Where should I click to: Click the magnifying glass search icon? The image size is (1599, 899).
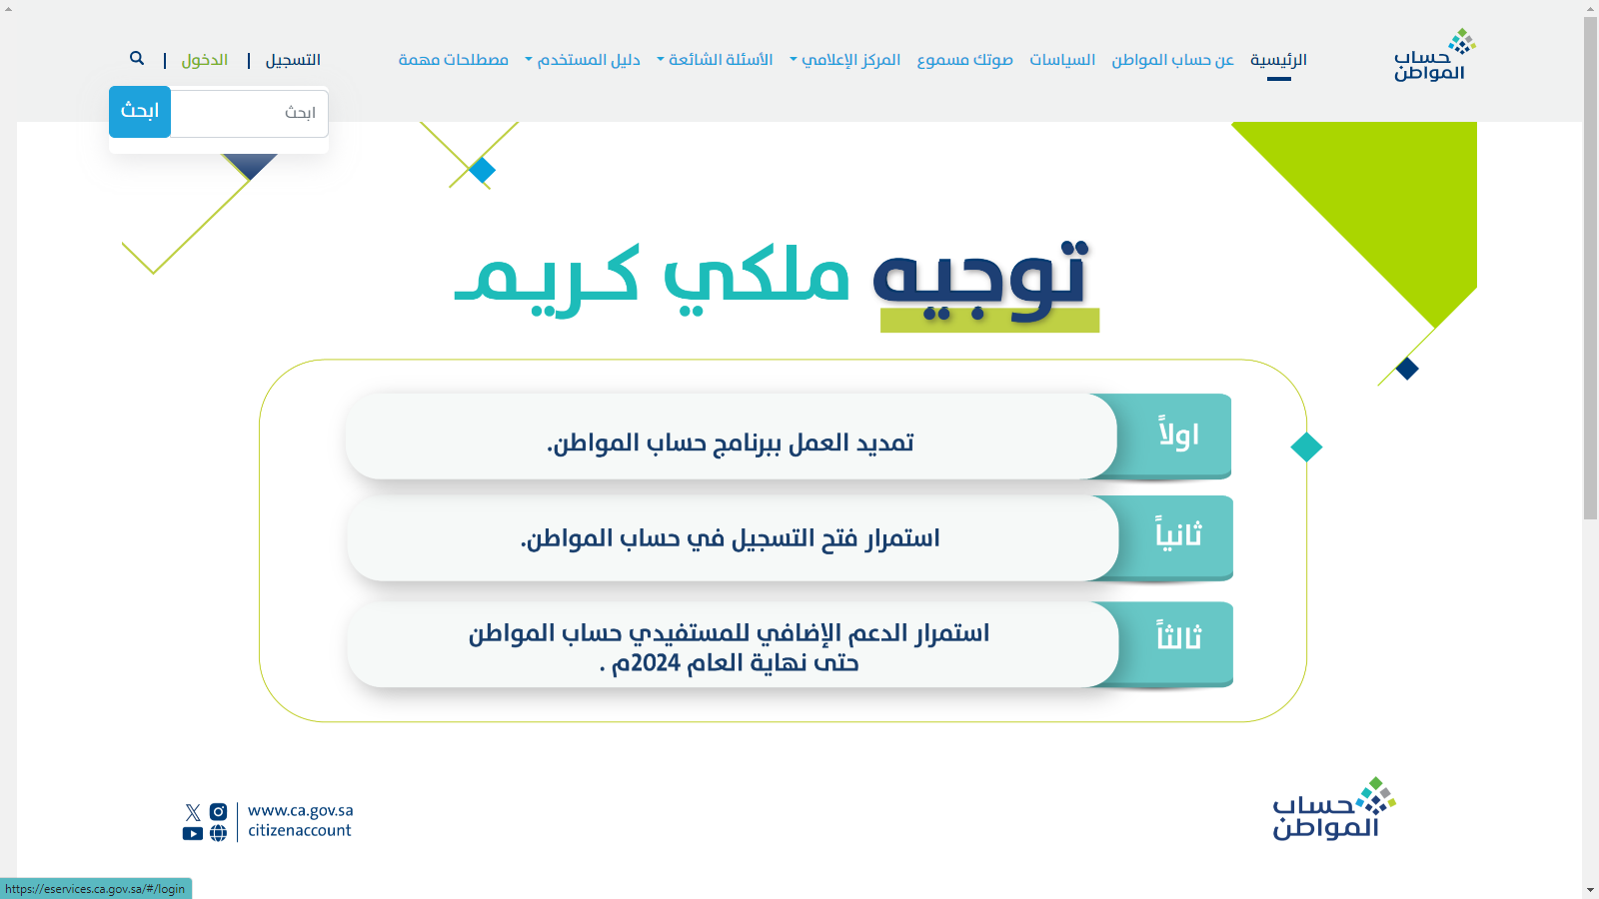tap(136, 59)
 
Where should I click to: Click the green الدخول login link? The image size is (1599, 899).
tap(204, 60)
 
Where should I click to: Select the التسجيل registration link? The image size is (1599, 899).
tap(293, 60)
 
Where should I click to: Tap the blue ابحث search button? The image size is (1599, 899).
tap(140, 111)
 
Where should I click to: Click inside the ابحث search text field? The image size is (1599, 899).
tap(249, 113)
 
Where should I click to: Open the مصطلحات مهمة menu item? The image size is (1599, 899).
tap(454, 60)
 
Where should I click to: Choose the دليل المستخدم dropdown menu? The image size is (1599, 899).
tap(583, 60)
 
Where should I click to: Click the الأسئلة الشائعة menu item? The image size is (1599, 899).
tap(715, 60)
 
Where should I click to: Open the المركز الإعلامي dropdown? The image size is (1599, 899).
tap(845, 60)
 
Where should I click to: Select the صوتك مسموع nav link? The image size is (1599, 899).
tap(964, 60)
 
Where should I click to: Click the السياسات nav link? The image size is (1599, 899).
tap(1062, 60)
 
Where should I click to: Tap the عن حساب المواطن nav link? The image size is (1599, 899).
tap(1173, 60)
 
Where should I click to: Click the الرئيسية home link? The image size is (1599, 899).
tap(1278, 60)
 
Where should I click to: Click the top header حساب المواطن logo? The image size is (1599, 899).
tap(1434, 55)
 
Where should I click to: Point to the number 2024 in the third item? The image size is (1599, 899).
tap(656, 663)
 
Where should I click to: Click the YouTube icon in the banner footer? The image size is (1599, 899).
tap(193, 833)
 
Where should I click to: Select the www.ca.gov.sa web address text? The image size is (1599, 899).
tap(301, 810)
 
